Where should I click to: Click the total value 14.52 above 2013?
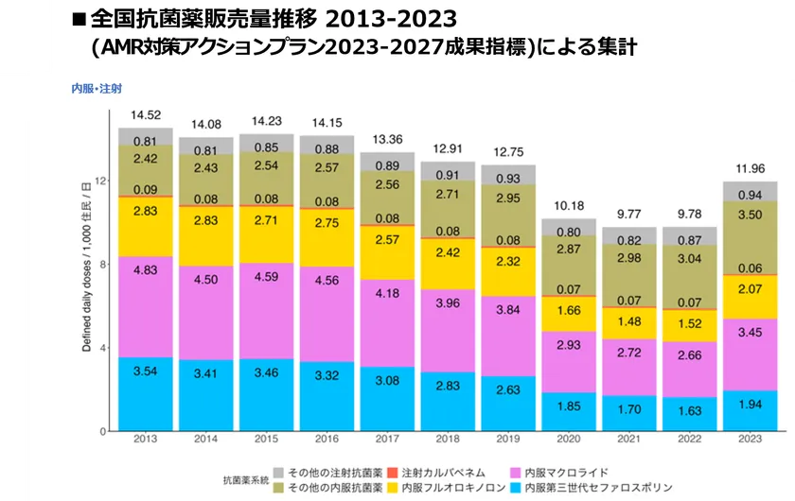(146, 115)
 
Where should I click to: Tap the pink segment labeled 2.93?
(568, 346)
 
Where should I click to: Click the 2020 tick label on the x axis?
(568, 438)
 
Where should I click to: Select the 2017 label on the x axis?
(387, 438)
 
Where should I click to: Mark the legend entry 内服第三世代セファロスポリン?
(592, 488)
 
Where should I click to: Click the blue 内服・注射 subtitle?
(97, 88)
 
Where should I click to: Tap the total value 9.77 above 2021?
(628, 214)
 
